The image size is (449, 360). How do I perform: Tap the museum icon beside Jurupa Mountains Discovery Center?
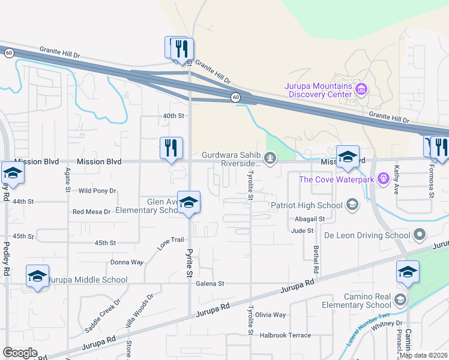pyautogui.click(x=361, y=91)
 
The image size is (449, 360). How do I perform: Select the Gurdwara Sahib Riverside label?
pyautogui.click(x=231, y=160)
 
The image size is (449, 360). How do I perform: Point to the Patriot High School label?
pyautogui.click(x=306, y=205)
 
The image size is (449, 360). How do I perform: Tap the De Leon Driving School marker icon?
pyautogui.click(x=419, y=234)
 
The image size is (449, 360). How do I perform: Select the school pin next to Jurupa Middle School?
pyautogui.click(x=37, y=277)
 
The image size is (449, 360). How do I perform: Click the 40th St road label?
pyautogui.click(x=172, y=115)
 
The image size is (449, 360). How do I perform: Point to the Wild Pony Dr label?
pyautogui.click(x=97, y=191)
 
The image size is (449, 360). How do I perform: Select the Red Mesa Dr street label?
pyautogui.click(x=91, y=212)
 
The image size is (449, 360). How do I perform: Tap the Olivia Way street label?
pyautogui.click(x=270, y=314)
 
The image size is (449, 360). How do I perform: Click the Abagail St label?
pyautogui.click(x=309, y=219)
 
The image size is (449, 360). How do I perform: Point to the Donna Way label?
pyautogui.click(x=127, y=262)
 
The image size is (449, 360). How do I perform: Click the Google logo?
pyautogui.click(x=20, y=353)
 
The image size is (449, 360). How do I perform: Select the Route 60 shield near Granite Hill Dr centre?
pyautogui.click(x=236, y=97)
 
